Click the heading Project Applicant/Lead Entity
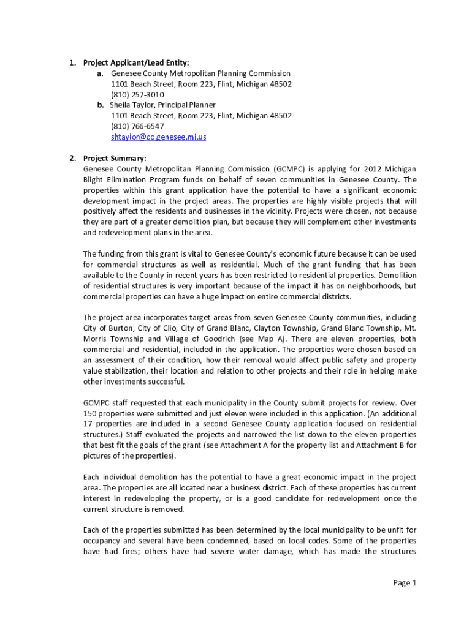coord(136,62)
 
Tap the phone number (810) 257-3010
coord(137,94)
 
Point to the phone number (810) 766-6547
coord(137,126)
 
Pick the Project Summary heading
coord(115,158)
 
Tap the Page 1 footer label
coord(405,582)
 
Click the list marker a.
coord(100,73)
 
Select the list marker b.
coord(100,105)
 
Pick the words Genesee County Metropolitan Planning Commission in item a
coord(200,73)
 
